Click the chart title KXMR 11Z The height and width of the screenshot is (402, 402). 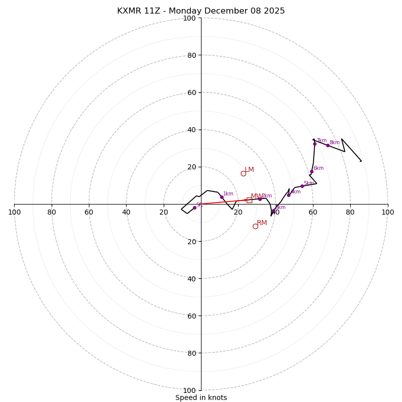201,11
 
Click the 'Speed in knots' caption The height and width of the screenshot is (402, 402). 201,398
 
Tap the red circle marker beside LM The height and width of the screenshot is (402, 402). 243,173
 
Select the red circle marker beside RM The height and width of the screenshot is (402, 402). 255,226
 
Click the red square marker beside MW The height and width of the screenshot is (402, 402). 249,200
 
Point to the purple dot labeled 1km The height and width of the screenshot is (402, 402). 222,197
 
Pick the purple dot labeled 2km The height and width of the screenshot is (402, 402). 260,199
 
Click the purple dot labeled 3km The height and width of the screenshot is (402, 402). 273,211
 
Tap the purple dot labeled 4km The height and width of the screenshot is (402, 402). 288,195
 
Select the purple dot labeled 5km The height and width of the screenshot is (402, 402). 302,186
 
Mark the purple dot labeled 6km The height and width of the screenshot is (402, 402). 312,171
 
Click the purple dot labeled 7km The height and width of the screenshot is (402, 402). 315,144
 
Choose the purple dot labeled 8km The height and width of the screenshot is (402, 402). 328,145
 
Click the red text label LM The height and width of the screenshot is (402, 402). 249,170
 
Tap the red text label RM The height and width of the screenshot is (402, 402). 262,223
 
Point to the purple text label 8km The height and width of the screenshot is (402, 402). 335,143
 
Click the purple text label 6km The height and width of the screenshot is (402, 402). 319,168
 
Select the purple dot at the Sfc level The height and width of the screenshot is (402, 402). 194,208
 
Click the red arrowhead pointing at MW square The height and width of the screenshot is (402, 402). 245,200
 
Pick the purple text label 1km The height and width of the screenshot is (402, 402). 228,194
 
